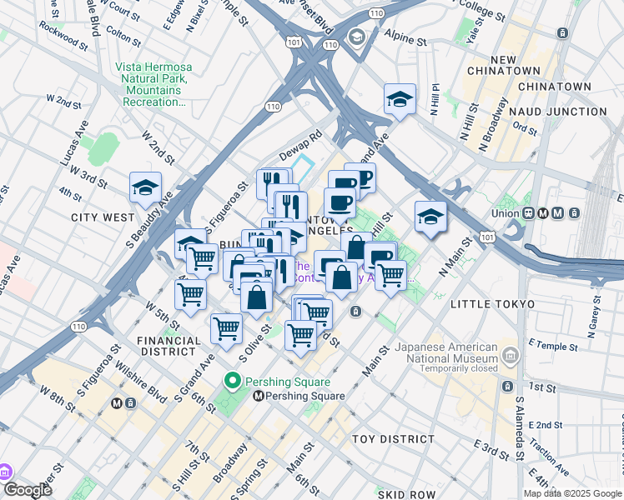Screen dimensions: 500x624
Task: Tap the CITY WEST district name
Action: pos(103,217)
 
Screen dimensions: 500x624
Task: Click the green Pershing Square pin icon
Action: pos(234,382)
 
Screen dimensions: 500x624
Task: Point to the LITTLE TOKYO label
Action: pos(491,305)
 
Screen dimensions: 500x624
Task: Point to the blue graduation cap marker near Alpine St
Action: pos(400,100)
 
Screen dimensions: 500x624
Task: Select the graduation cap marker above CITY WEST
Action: pos(146,188)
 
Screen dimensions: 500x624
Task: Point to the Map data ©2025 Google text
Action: pos(572,493)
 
